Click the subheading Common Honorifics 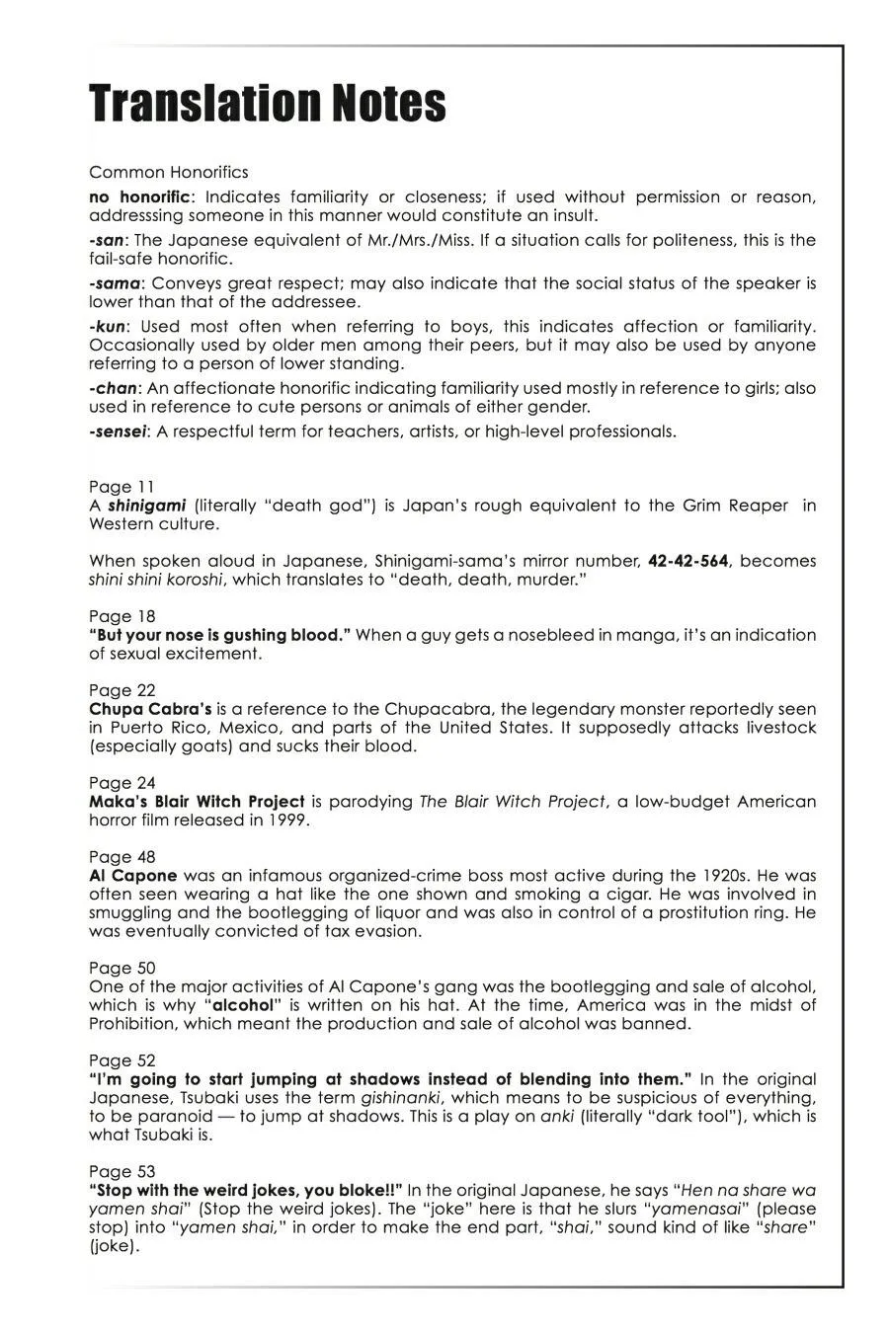pos(169,172)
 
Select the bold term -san pos(107,240)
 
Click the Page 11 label pos(121,486)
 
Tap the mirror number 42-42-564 pos(688,561)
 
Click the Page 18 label pos(121,616)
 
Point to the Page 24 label pos(121,783)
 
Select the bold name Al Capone pos(133,875)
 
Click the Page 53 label pos(121,1171)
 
